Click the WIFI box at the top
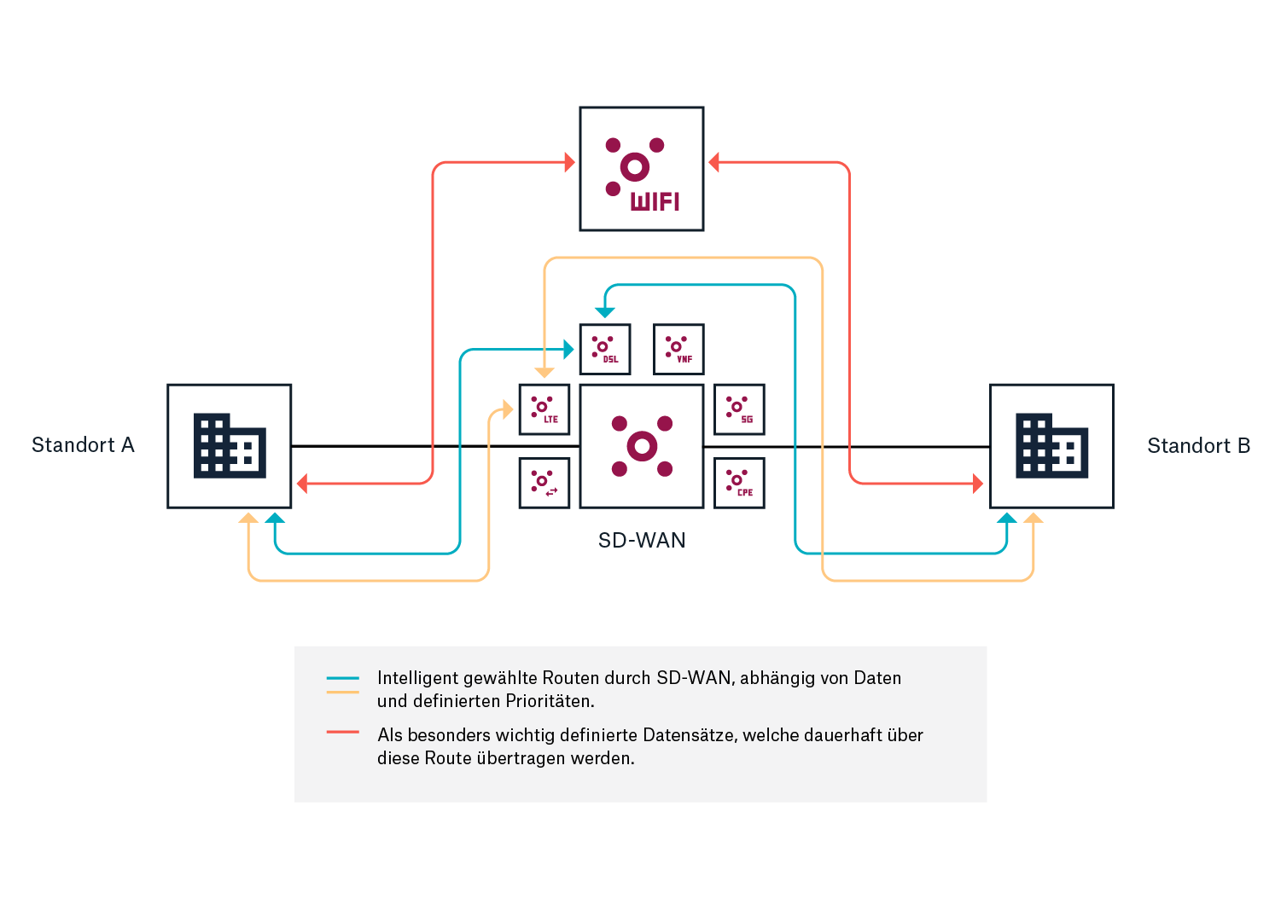tap(642, 169)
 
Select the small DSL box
tap(605, 349)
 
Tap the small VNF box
tap(678, 349)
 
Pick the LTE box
tap(544, 409)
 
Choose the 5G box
tap(739, 409)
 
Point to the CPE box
tap(739, 483)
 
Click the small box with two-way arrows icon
tap(544, 483)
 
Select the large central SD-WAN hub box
tap(642, 446)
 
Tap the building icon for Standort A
tap(230, 446)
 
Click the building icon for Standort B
tap(1051, 446)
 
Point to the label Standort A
tap(83, 445)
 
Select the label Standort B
tap(1198, 446)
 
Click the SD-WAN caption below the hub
tap(642, 541)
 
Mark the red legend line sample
tap(342, 732)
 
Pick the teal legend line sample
tap(342, 678)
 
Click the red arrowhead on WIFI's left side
tap(570, 162)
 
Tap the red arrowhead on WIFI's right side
tap(714, 162)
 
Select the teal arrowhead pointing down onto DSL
tap(605, 312)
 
